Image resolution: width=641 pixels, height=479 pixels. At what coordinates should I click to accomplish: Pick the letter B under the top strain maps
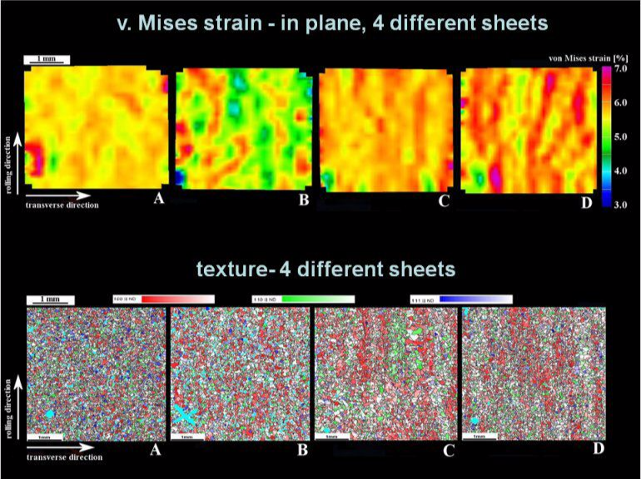click(303, 200)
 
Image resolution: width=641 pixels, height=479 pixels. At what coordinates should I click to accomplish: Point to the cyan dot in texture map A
click(50, 413)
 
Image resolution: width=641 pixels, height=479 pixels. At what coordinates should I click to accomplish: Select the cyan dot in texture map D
click(474, 421)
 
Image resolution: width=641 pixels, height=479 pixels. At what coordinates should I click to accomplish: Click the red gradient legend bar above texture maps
click(163, 298)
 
